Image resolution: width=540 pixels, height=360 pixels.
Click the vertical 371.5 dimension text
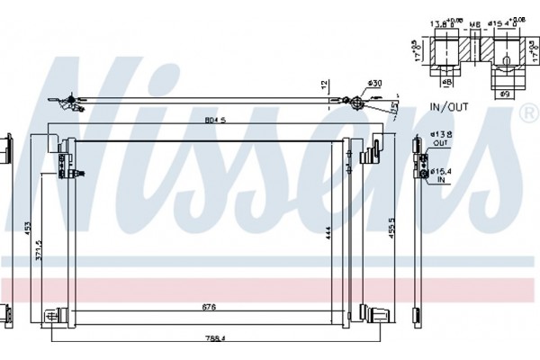tap(39, 261)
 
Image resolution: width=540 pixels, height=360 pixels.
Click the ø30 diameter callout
tap(375, 85)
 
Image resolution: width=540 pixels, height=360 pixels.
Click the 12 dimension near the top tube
tap(323, 85)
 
